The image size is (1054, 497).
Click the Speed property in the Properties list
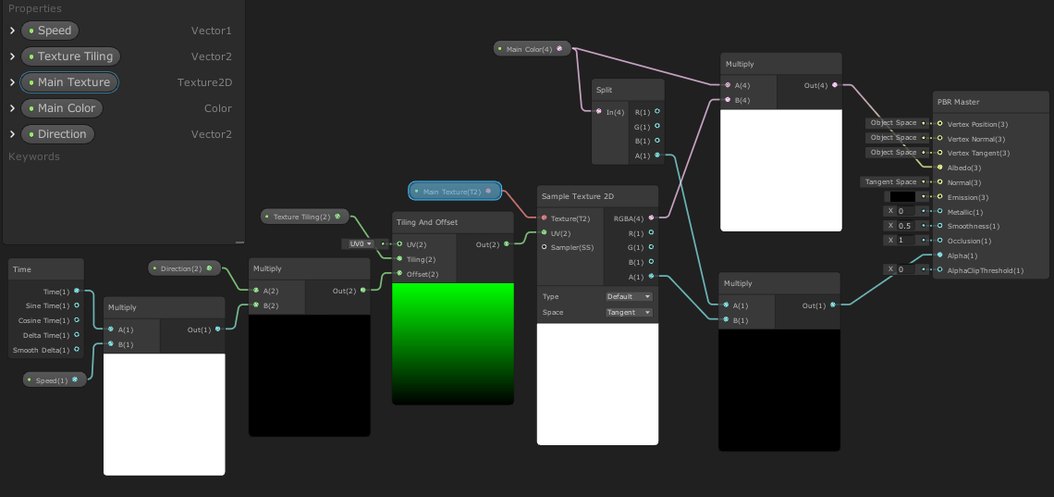point(55,31)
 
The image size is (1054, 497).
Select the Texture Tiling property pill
point(75,56)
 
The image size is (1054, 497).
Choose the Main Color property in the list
point(67,108)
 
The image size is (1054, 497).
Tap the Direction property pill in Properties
point(62,134)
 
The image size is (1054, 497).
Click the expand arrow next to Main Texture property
point(12,82)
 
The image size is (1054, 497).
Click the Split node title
point(605,90)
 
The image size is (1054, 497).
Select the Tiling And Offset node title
point(426,222)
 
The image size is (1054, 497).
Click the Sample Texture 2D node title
point(578,196)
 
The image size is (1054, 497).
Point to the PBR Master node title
point(958,102)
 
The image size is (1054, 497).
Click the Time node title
point(22,269)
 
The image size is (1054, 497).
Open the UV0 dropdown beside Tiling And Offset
point(360,244)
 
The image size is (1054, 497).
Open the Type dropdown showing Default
point(629,297)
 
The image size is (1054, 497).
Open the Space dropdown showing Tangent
point(629,313)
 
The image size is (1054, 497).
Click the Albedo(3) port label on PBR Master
point(965,168)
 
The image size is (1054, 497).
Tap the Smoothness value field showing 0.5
point(905,226)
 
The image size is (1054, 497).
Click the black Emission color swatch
point(901,197)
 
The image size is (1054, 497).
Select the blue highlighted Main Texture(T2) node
point(454,192)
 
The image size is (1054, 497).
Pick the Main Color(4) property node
point(529,49)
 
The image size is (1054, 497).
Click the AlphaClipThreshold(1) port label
point(986,270)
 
